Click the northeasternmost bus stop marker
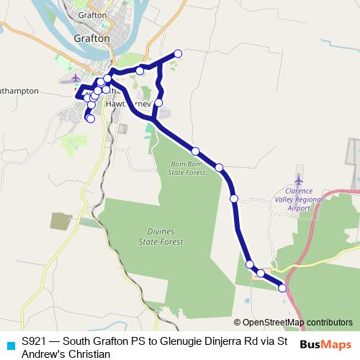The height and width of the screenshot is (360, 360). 178,54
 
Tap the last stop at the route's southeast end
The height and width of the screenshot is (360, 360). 282,288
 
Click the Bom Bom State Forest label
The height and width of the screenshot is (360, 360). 187,168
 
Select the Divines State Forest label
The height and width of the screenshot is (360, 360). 161,237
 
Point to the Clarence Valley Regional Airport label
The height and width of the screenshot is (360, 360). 299,199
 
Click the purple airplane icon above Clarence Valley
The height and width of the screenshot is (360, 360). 299,179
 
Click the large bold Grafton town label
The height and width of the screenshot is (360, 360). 91,38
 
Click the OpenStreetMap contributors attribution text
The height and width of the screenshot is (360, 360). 297,322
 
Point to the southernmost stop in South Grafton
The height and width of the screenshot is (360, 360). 90,119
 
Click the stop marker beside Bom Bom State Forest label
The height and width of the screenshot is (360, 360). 196,150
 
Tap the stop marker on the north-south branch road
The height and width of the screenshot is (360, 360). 158,103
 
